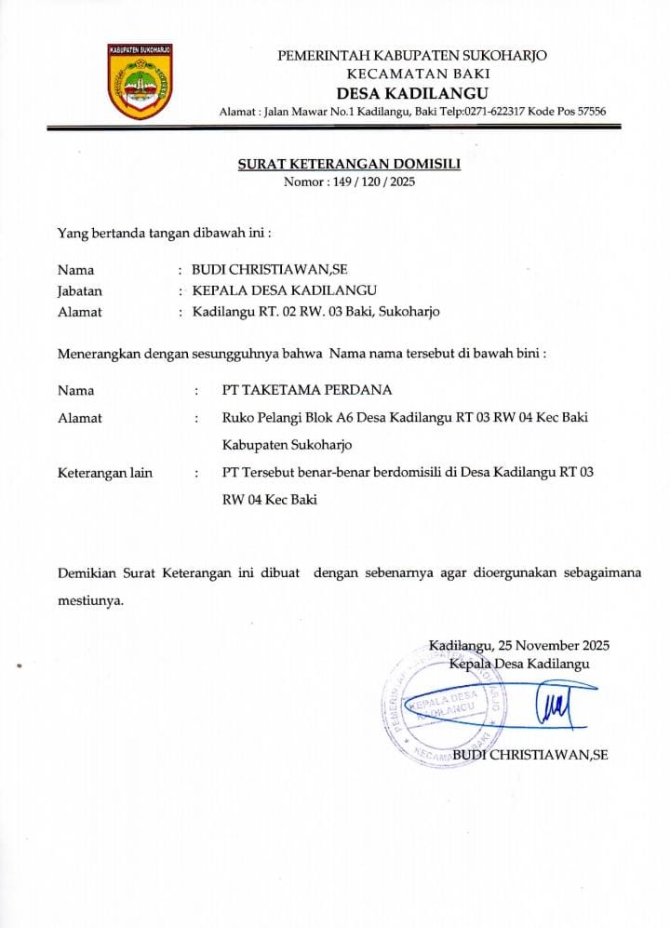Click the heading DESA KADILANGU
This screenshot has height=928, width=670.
pos(412,92)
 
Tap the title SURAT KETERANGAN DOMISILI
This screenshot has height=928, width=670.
pos(349,164)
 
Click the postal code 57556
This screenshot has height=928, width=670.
pos(590,112)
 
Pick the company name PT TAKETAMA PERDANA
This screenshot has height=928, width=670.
pos(307,390)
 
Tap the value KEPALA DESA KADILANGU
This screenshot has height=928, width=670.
pos(284,290)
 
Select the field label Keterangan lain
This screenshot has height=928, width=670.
pos(105,473)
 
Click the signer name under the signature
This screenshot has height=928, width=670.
pos(529,755)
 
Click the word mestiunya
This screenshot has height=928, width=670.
pos(90,600)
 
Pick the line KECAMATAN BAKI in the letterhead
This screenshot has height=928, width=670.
pos(412,74)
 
